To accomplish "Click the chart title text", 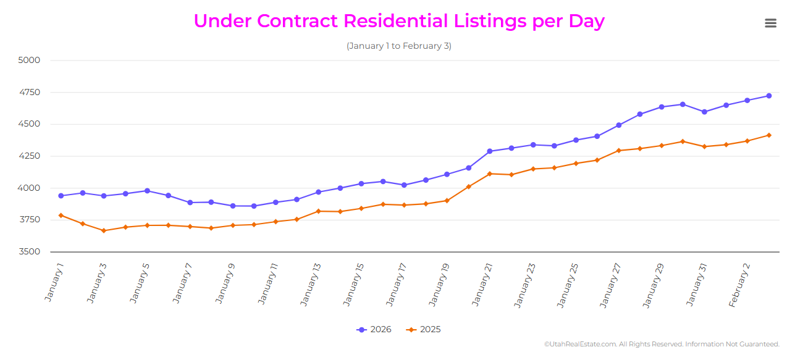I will pyautogui.click(x=399, y=21).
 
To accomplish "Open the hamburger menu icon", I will pyautogui.click(x=770, y=23).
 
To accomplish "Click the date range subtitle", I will pyautogui.click(x=399, y=46).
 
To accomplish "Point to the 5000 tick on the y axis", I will pyautogui.click(x=30, y=61).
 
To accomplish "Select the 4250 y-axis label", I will pyautogui.click(x=30, y=156).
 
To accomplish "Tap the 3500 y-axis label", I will pyautogui.click(x=30, y=252).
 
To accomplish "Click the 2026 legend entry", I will pyautogui.click(x=374, y=330).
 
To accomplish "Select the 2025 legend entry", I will pyautogui.click(x=424, y=330).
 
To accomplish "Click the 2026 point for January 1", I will pyautogui.click(x=61, y=196).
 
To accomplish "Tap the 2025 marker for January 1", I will pyautogui.click(x=61, y=216).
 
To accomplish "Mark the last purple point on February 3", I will pyautogui.click(x=768, y=96).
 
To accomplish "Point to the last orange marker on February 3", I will pyautogui.click(x=768, y=135).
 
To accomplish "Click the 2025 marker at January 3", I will pyautogui.click(x=104, y=231).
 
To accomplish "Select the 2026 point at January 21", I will pyautogui.click(x=490, y=151).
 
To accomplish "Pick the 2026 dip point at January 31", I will pyautogui.click(x=704, y=112).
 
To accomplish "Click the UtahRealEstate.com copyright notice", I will pyautogui.click(x=662, y=345).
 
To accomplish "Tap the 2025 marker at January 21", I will pyautogui.click(x=490, y=174).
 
